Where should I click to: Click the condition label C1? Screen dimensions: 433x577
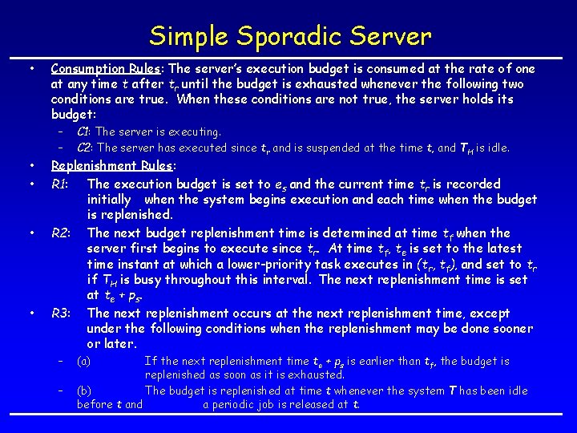pos(83,132)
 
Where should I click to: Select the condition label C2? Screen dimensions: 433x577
pos(84,148)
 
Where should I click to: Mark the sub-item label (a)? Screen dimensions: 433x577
pos(83,362)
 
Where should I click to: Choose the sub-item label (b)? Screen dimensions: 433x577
pos(83,391)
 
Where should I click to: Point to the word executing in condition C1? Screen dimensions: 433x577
pos(196,132)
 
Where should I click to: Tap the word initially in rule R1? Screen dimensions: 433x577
pos(111,200)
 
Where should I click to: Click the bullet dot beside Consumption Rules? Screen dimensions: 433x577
pos(30,69)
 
